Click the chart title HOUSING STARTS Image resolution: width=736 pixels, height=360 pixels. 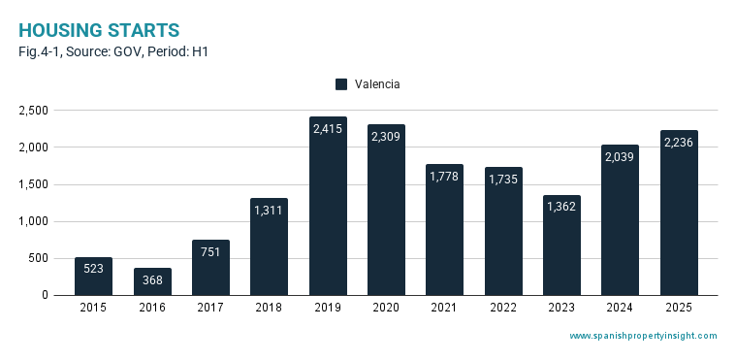coord(99,30)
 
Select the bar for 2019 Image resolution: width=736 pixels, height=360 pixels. coord(328,206)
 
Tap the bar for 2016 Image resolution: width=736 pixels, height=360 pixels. coord(152,281)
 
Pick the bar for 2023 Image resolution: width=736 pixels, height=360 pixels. coord(561,245)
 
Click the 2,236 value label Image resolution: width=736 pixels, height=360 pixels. coord(679,142)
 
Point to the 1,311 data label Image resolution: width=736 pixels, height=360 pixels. coord(269,210)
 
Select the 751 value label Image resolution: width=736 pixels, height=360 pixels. coord(210,252)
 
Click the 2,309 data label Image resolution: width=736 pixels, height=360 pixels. coord(386,136)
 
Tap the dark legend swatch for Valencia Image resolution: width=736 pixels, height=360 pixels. coord(341,84)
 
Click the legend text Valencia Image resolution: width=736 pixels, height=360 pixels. coord(377,84)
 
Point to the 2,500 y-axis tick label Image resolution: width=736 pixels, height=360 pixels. coord(33,111)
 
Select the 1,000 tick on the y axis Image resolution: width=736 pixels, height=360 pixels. coord(33,221)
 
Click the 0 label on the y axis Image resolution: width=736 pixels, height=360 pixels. coord(45,295)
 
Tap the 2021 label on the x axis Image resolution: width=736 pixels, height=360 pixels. coord(444,308)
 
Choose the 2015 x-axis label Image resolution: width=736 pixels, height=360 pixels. coord(93,308)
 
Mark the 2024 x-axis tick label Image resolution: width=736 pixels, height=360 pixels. coord(620,308)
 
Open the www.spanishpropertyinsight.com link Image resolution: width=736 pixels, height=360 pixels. coord(644,336)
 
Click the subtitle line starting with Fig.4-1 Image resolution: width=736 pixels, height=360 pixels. coord(113,52)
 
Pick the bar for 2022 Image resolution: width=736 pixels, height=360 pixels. coord(503,231)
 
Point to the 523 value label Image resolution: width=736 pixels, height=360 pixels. coord(93,269)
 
